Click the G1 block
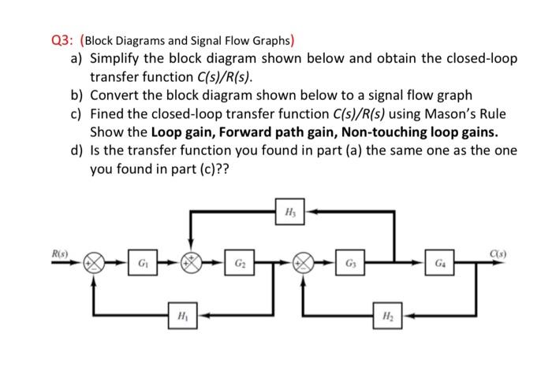pos(140,263)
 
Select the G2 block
pos(239,263)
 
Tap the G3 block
pos(348,263)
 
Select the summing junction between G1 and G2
pos(191,263)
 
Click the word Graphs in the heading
pos(267,42)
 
